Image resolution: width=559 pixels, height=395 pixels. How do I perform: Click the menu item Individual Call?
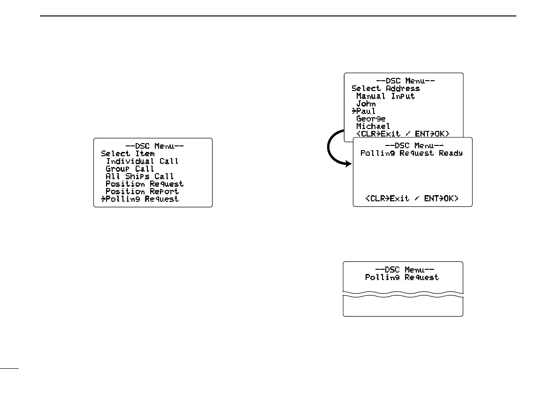(142, 161)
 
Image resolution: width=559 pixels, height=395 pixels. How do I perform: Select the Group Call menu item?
(130, 168)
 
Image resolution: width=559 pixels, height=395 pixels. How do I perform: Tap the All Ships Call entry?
(140, 176)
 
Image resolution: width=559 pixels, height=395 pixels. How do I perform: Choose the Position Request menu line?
(145, 184)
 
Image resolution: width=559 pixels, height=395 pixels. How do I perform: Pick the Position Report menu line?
(142, 191)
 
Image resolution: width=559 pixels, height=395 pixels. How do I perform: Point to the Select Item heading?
(128, 153)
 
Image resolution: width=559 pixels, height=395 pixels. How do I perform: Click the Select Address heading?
(386, 88)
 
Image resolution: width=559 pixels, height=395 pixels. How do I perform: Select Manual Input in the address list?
(386, 96)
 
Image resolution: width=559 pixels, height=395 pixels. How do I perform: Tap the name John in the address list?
(366, 104)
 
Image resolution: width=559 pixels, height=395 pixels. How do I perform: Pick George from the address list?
(371, 119)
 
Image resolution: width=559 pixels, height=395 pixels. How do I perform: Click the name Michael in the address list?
(373, 126)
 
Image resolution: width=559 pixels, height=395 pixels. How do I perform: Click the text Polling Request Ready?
(412, 153)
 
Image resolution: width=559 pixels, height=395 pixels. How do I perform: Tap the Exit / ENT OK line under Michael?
(403, 134)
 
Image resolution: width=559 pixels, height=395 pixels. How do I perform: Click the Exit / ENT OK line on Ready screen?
(412, 199)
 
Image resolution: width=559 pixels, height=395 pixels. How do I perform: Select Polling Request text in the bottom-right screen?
(402, 277)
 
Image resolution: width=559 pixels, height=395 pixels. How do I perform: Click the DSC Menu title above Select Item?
(154, 146)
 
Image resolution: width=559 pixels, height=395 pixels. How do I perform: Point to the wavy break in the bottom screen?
(403, 296)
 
